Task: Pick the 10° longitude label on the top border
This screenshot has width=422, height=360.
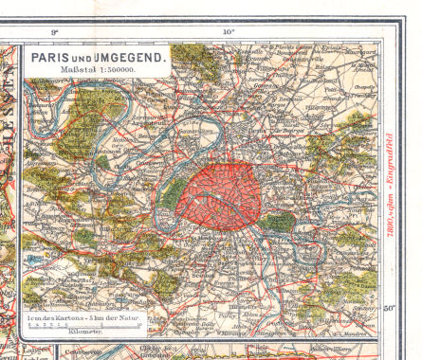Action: pos(229,32)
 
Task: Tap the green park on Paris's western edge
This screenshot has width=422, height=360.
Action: pos(173,195)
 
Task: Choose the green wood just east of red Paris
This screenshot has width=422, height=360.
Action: pos(279,223)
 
